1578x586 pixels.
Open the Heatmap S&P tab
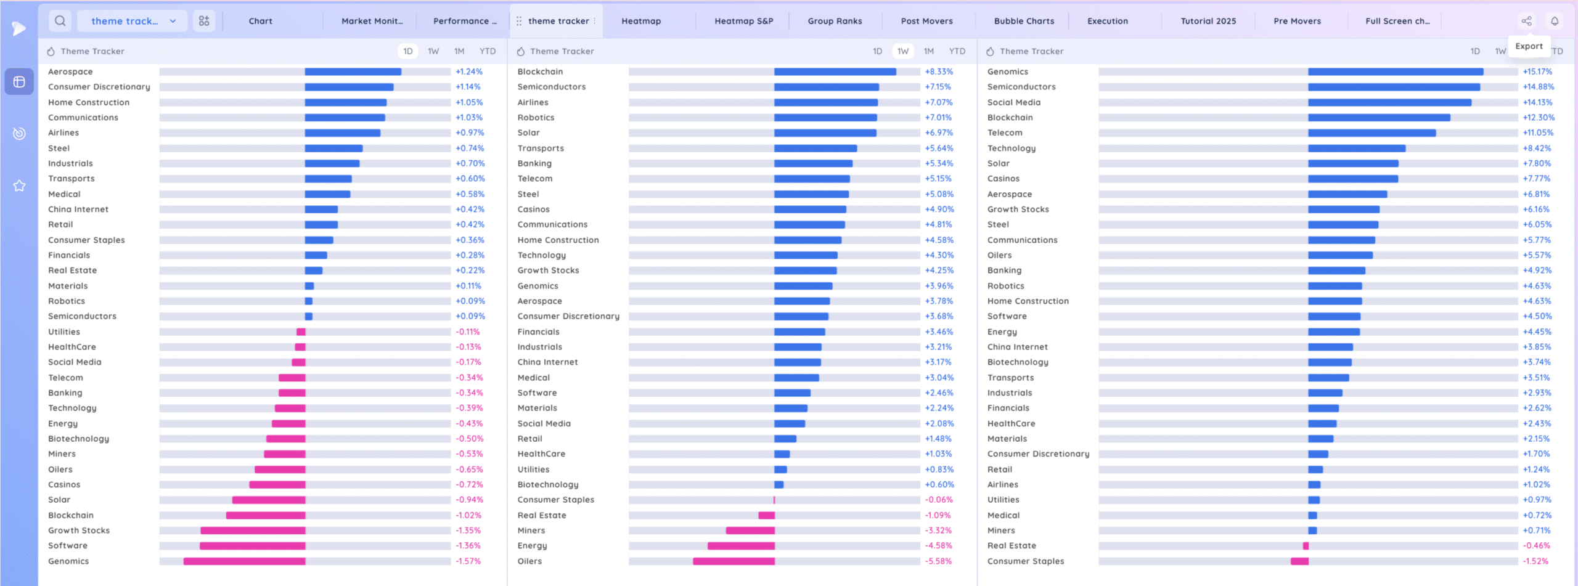click(x=743, y=21)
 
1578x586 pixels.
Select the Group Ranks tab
click(x=835, y=21)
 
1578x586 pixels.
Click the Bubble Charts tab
click(x=1024, y=21)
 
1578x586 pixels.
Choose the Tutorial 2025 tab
click(x=1208, y=21)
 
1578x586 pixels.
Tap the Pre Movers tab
click(x=1297, y=21)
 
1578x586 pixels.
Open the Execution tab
click(x=1107, y=21)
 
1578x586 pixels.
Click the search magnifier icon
click(x=60, y=21)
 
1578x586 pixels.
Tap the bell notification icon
click(x=1555, y=21)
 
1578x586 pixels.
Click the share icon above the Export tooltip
click(x=1526, y=21)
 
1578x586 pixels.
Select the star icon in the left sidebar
click(x=19, y=185)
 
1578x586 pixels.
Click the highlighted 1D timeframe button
click(x=407, y=51)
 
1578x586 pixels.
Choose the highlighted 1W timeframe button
click(x=902, y=51)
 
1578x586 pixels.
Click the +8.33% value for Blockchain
click(x=939, y=71)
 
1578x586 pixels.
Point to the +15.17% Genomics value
click(x=1537, y=71)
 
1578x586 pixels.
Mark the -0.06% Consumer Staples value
click(x=939, y=500)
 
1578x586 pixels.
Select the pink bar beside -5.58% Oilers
click(x=734, y=561)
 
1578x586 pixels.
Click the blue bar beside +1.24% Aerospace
click(x=353, y=71)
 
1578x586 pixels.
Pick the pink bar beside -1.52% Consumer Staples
click(x=1299, y=561)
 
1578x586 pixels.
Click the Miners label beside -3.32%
click(x=531, y=531)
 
